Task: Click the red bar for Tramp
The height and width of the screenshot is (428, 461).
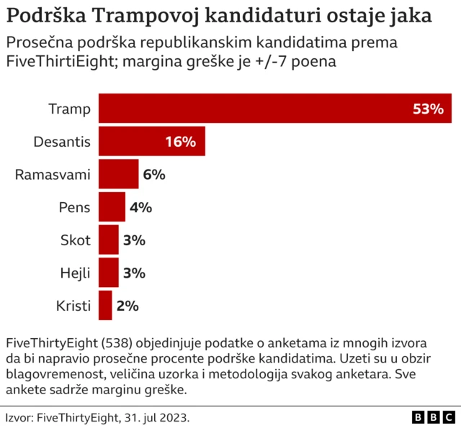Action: pos(274,109)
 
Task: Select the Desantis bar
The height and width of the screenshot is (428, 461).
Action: pos(151,142)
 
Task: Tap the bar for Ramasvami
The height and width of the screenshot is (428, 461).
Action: pos(118,174)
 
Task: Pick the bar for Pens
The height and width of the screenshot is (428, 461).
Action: pos(112,207)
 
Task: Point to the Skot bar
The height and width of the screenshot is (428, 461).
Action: pos(108,240)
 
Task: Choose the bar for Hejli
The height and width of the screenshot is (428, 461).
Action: pos(108,273)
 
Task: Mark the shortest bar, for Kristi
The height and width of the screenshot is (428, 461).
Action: pos(105,306)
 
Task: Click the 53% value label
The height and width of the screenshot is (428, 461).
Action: pos(428,109)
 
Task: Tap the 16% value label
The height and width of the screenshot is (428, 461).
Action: pos(180,142)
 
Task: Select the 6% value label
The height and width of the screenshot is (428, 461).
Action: pos(154,174)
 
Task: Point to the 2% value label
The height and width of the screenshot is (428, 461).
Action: pos(127,306)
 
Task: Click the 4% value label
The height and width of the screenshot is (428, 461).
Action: pos(140,207)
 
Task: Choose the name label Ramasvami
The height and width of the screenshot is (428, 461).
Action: pos(53,174)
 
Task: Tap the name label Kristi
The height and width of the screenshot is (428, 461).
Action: pos(73,306)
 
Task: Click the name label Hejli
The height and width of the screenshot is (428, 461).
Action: pos(75,273)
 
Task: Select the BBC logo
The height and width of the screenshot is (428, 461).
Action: pos(433,417)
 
